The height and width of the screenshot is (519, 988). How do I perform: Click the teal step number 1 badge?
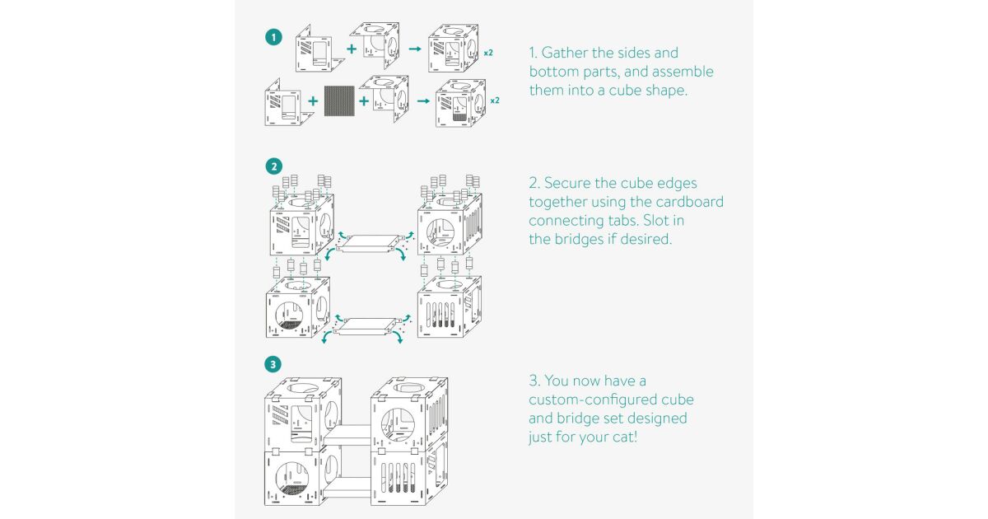pos(273,37)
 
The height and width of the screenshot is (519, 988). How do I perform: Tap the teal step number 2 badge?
pos(273,166)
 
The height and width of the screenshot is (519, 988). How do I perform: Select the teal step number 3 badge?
pos(273,363)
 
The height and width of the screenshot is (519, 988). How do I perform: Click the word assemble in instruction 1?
pos(678,72)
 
